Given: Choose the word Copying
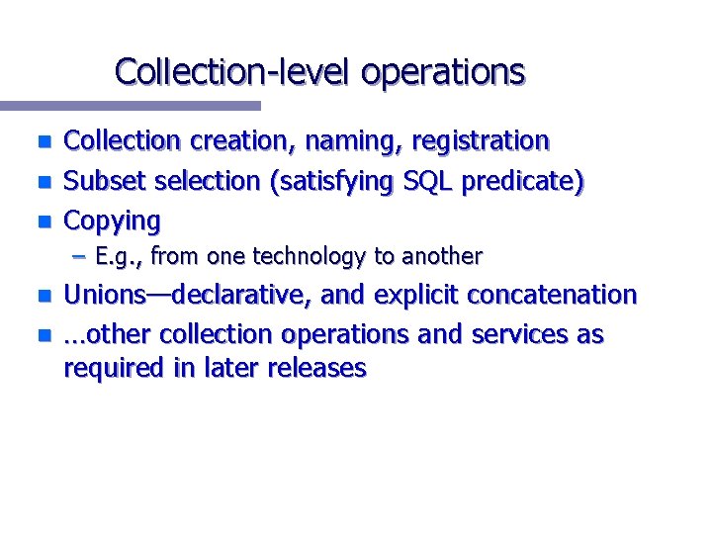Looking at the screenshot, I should [x=111, y=221].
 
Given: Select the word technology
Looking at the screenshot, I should [x=311, y=257].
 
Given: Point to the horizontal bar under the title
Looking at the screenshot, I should [x=130, y=105].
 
